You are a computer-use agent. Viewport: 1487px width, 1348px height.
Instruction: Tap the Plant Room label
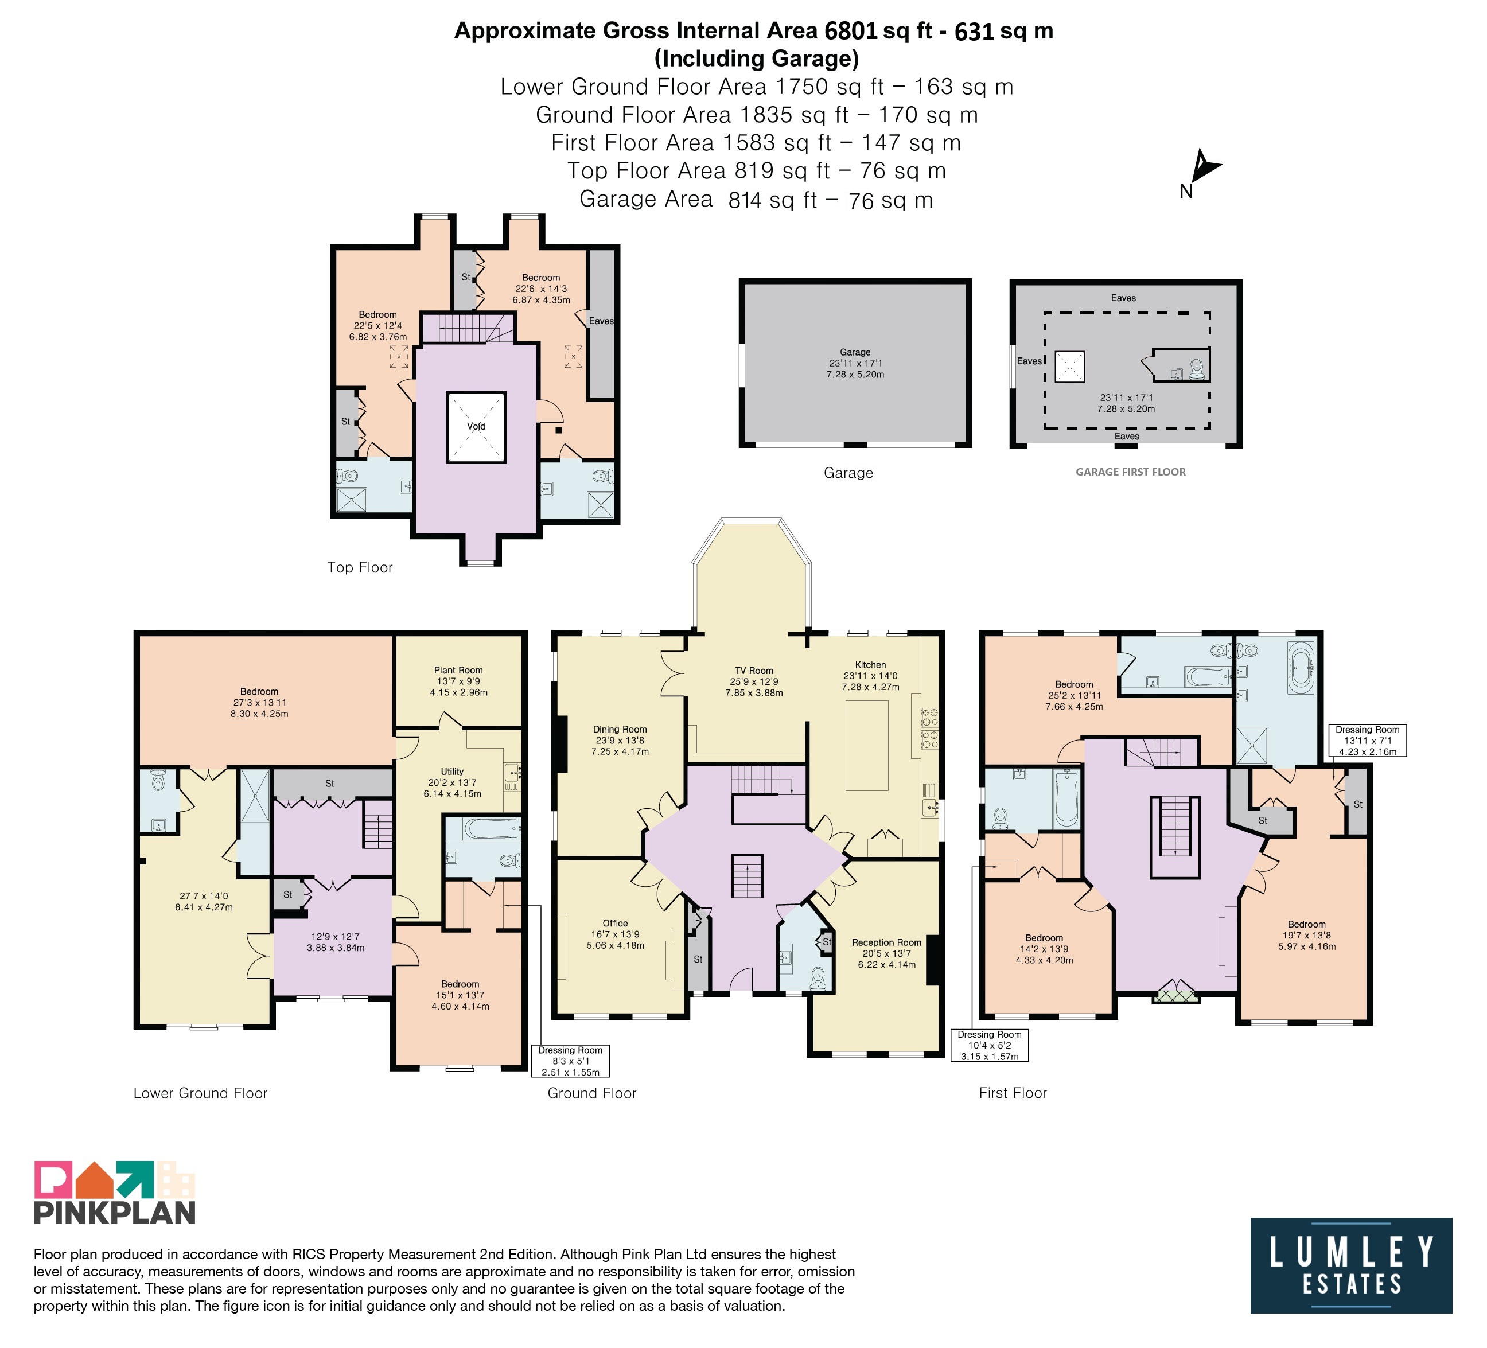(458, 671)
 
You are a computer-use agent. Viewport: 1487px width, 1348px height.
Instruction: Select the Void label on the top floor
(476, 426)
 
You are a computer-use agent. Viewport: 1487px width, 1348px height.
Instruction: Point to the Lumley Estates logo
(1350, 1265)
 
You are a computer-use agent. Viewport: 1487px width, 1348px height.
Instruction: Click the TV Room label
(754, 671)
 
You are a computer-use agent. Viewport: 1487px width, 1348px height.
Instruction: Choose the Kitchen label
(870, 664)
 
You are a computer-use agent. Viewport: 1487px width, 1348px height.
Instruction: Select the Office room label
(615, 924)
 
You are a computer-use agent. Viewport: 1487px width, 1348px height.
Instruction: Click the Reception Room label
(886, 942)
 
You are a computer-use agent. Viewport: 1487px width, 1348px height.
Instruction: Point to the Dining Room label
(620, 729)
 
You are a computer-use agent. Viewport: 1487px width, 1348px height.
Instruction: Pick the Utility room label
(452, 772)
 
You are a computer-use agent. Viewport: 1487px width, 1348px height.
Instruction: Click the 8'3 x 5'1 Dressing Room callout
(570, 1061)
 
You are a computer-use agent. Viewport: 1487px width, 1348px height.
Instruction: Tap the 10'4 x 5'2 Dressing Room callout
(989, 1045)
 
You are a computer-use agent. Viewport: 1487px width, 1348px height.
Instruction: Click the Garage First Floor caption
(1130, 472)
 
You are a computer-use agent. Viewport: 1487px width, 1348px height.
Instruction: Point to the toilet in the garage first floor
(1196, 367)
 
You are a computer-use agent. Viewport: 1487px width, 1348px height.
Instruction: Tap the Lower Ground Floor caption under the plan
(201, 1093)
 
